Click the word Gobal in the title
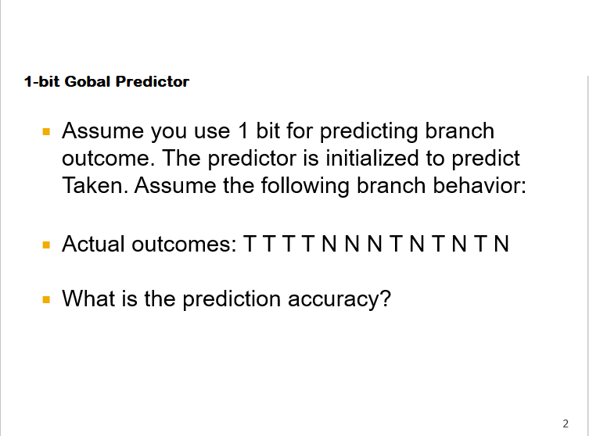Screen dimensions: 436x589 pos(88,81)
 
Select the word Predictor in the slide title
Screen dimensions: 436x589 pos(152,81)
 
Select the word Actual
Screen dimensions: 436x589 pos(93,244)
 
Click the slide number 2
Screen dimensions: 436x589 pos(565,423)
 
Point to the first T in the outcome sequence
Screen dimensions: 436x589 pos(250,244)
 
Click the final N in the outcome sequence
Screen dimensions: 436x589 pos(501,244)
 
